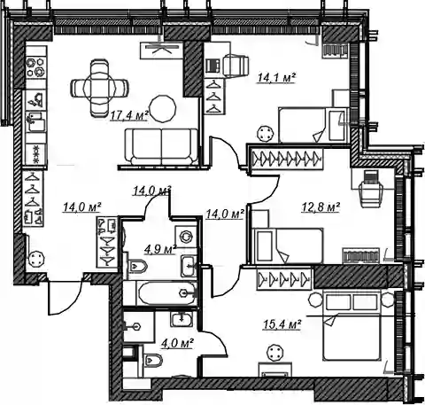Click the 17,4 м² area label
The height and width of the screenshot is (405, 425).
tap(129, 115)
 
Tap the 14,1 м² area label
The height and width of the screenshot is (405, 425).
tap(276, 78)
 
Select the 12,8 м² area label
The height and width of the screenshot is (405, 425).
tap(321, 206)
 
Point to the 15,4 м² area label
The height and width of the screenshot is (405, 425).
tap(282, 324)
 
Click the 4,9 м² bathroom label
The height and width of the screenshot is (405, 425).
tap(160, 249)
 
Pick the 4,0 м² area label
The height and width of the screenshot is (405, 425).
tap(177, 343)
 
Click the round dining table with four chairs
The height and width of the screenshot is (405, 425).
tap(99, 88)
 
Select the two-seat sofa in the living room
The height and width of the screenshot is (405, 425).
tap(161, 146)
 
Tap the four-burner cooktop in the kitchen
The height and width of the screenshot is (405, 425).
tap(35, 67)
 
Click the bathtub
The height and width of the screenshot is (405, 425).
tap(167, 293)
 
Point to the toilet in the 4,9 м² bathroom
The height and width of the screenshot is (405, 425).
tap(137, 267)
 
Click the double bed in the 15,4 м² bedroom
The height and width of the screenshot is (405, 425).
tap(352, 325)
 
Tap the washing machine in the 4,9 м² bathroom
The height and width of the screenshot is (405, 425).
tap(186, 237)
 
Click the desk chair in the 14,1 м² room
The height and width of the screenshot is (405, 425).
tap(236, 64)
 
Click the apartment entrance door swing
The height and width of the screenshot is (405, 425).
tap(65, 298)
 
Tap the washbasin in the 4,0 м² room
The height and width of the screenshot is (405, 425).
tap(182, 319)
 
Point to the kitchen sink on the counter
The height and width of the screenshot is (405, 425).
tap(36, 121)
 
